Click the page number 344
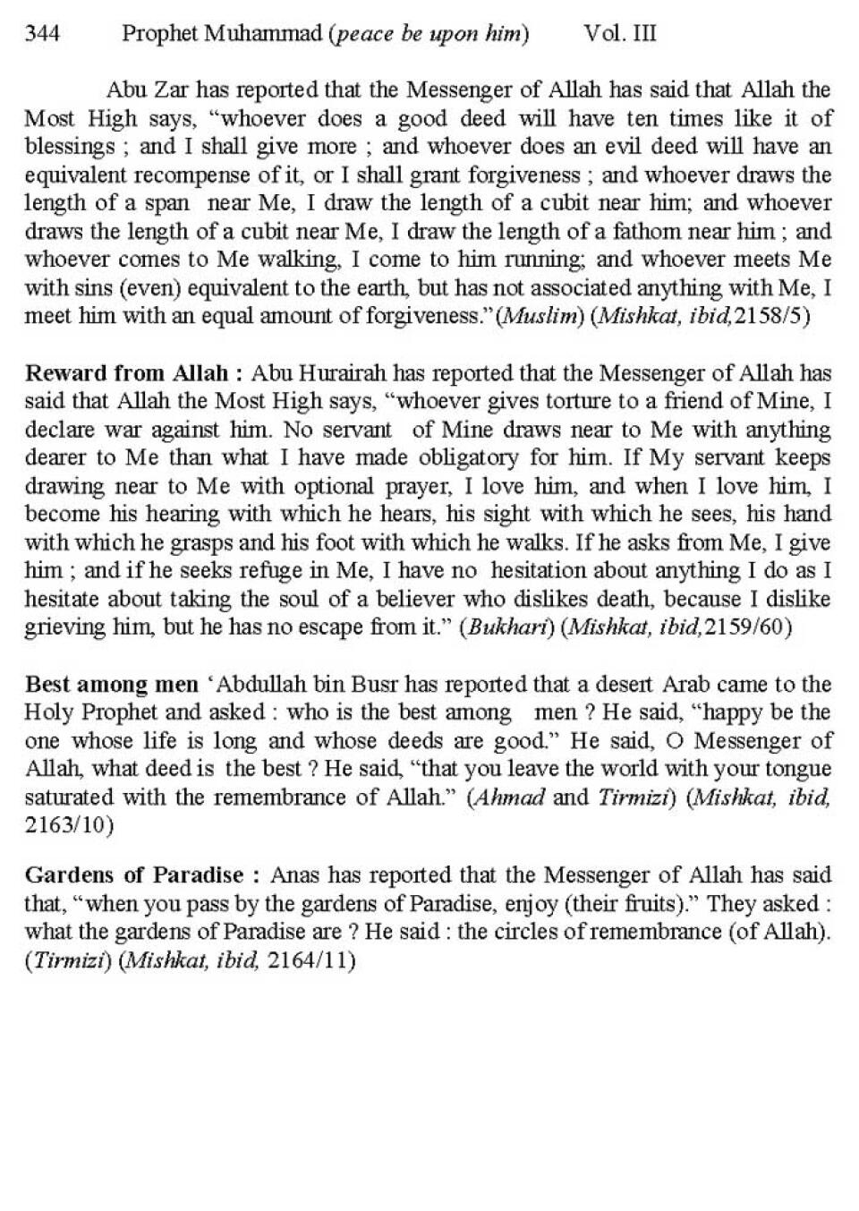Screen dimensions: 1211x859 [x=43, y=34]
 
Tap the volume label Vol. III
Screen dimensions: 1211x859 [x=620, y=34]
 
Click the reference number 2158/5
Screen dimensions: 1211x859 [x=770, y=317]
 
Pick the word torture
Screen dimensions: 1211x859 [x=583, y=401]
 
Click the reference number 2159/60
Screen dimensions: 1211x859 [x=748, y=627]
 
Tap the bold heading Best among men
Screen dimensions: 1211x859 [x=112, y=685]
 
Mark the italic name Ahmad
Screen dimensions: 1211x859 [x=507, y=797]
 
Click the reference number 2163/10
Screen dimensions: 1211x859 [x=69, y=825]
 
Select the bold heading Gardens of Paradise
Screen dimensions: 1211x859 [x=134, y=874]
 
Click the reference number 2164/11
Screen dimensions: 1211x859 [x=310, y=960]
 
